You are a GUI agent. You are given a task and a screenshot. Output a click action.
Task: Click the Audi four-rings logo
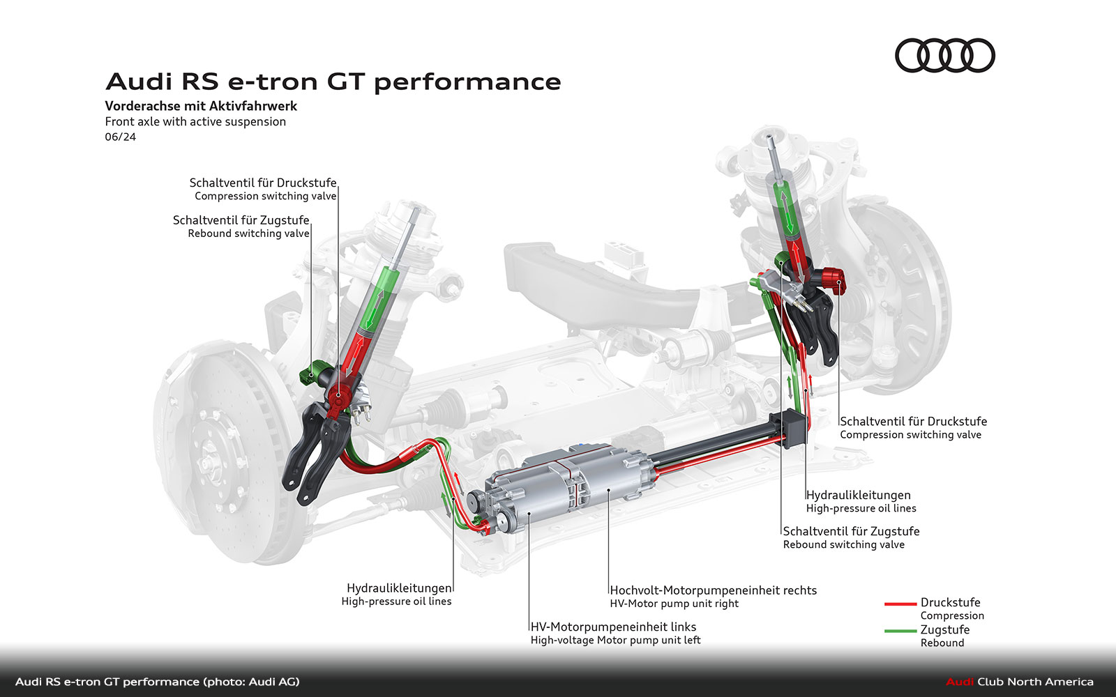pos(944,56)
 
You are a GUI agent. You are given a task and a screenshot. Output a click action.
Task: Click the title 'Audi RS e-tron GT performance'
pos(333,82)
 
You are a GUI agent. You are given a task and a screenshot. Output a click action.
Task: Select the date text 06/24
pos(121,137)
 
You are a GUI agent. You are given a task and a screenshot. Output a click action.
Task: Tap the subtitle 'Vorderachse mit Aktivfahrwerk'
pos(201,106)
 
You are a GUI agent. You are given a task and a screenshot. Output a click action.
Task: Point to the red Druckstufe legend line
pos(900,604)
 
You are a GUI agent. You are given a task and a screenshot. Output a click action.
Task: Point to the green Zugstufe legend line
pos(900,631)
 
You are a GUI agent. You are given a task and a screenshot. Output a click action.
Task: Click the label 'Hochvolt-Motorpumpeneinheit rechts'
pos(713,590)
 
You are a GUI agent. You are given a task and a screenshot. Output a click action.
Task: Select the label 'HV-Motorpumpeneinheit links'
pos(613,627)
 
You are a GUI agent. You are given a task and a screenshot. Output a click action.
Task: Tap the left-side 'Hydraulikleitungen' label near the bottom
pos(399,588)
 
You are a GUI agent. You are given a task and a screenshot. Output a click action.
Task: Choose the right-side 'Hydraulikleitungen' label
pos(858,495)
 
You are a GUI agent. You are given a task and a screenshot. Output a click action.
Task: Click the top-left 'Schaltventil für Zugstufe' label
pos(241,220)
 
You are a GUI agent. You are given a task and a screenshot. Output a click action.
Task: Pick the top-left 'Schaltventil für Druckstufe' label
pos(263,183)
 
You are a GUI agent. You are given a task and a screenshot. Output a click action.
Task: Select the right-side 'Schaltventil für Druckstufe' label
pos(913,421)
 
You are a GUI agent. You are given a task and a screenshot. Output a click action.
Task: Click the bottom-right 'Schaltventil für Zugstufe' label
pos(851,531)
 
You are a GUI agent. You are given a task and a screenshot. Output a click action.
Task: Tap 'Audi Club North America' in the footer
pos(1019,682)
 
